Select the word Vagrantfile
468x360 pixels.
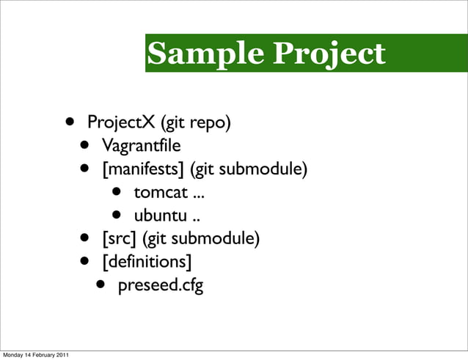point(141,144)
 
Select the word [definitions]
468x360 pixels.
point(147,262)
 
